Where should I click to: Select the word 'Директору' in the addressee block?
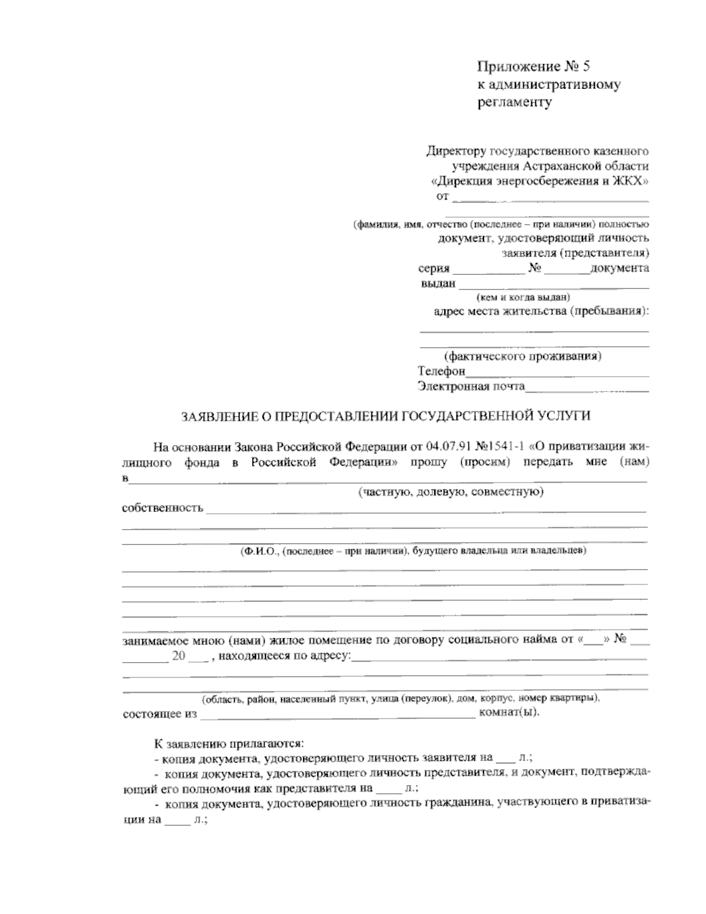[455, 151]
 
